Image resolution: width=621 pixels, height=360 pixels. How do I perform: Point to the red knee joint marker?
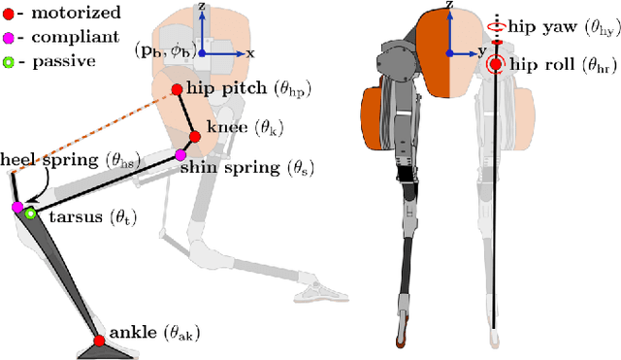coord(194,137)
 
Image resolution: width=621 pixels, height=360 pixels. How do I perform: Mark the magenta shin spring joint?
coord(180,155)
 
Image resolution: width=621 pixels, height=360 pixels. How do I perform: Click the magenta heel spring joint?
coord(16,207)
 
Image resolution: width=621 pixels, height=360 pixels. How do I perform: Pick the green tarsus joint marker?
coord(31,213)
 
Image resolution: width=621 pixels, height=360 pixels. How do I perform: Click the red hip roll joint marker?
coord(496,65)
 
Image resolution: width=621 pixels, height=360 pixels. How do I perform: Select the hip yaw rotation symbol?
coord(496,29)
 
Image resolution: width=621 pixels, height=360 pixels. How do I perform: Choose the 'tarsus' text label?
coord(72,216)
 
